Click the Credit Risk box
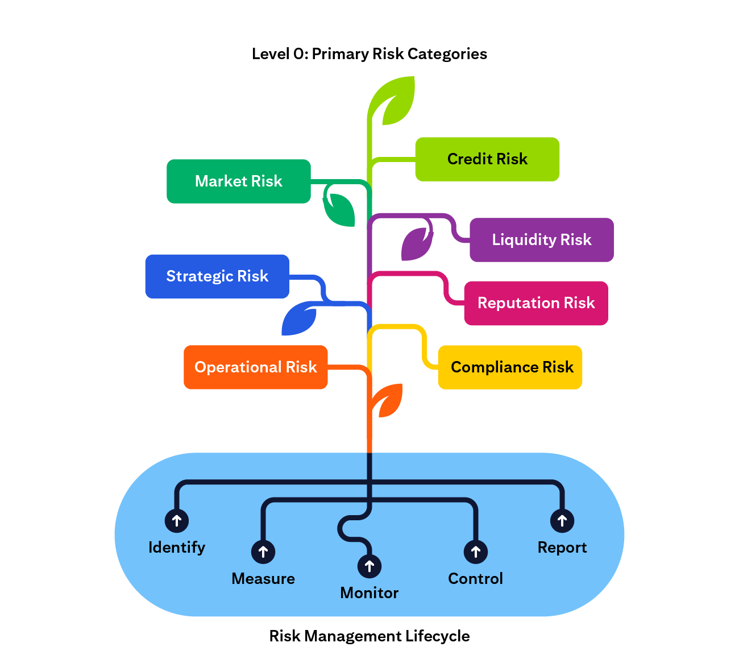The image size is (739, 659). [487, 159]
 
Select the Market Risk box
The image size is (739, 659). [239, 181]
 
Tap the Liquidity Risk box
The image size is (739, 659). [541, 240]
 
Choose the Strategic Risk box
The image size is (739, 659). [217, 276]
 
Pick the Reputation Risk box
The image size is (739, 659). [536, 303]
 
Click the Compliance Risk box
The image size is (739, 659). [510, 367]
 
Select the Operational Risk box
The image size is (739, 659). [256, 367]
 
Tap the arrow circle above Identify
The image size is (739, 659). [177, 520]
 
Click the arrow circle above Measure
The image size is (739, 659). [263, 552]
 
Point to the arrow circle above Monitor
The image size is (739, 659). [369, 566]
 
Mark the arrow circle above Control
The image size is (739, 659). [476, 552]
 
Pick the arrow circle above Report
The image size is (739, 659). [562, 520]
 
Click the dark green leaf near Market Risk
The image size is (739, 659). [340, 209]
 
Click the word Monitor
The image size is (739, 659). [369, 593]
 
